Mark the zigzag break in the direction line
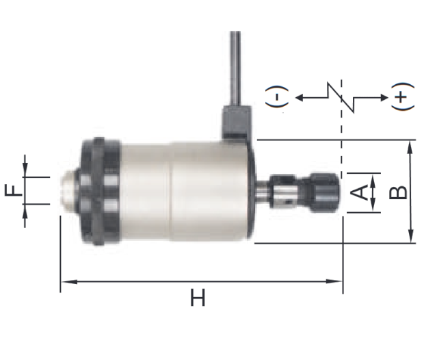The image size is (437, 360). (341, 97)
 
